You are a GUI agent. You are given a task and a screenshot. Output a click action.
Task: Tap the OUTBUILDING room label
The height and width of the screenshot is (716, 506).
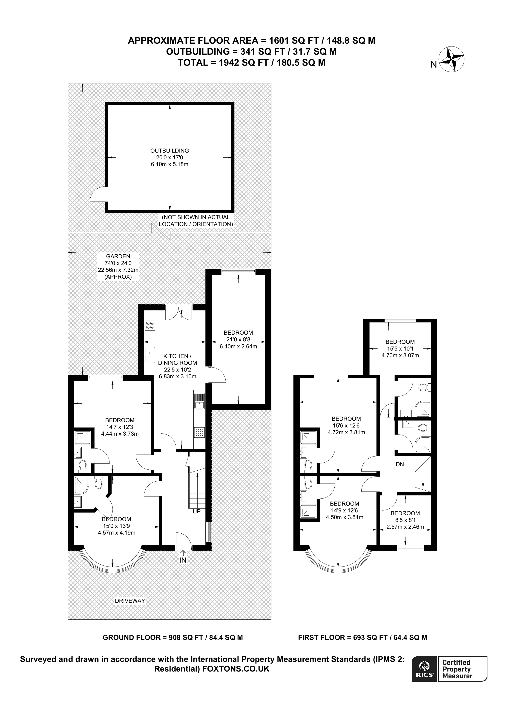point(170,151)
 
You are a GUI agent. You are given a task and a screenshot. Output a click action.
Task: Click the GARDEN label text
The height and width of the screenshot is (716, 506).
point(118,256)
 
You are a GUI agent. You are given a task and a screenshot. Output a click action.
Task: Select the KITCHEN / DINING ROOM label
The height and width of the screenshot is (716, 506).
point(177,359)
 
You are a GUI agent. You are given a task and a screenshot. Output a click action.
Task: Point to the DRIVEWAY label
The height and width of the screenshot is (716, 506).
point(130,601)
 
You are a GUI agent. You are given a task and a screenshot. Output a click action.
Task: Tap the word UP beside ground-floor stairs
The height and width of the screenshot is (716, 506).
point(197,512)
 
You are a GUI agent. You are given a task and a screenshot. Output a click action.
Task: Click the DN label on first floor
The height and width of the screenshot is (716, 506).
point(400,464)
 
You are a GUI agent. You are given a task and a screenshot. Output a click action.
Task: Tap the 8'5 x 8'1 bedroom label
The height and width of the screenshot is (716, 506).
point(405,520)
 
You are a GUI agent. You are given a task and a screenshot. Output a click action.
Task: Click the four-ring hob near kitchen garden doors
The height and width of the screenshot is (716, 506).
point(150,325)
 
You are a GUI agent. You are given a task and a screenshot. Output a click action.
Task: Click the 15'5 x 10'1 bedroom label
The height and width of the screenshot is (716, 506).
point(400,349)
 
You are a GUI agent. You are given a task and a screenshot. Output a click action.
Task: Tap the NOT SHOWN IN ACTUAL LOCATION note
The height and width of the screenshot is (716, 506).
point(196,221)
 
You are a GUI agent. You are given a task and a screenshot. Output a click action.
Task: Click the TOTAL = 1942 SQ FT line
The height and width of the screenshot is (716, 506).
point(251,63)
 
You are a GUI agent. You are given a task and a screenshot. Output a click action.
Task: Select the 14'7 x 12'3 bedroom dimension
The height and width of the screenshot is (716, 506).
point(120,427)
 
